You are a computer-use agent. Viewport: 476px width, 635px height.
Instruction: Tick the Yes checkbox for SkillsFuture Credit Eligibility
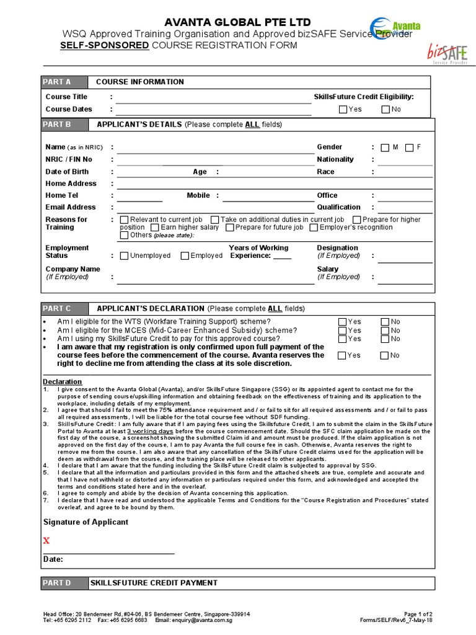click(343, 110)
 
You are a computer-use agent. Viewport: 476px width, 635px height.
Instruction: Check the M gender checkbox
click(385, 148)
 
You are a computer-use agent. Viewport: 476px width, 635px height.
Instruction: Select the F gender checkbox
click(408, 148)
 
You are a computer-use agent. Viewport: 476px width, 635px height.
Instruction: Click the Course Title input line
click(214, 97)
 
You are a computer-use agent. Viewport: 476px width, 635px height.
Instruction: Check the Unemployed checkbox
click(124, 255)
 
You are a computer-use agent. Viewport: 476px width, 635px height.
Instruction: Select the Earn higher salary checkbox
click(154, 228)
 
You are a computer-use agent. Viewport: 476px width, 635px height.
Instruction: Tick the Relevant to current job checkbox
click(124, 220)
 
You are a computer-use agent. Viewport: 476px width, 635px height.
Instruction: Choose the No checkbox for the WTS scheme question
click(385, 322)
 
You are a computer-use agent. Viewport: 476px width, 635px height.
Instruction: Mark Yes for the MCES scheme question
click(343, 331)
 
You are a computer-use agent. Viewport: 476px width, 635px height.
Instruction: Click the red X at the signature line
click(46, 541)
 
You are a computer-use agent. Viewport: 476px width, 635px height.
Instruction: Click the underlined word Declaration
click(62, 381)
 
